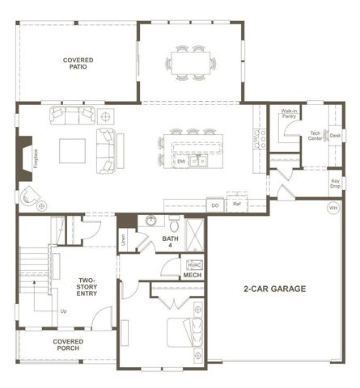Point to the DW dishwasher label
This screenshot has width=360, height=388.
[x=182, y=162]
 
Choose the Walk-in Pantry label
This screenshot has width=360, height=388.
[x=289, y=114]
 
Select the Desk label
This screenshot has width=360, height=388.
[x=335, y=135]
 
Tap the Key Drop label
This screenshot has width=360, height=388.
[x=335, y=183]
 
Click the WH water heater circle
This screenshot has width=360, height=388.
[x=332, y=208]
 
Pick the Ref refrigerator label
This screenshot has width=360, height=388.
[x=237, y=205]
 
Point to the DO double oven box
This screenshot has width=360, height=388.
[x=215, y=205]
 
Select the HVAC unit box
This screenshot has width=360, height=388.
[x=194, y=264]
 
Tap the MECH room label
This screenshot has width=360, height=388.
[x=192, y=276]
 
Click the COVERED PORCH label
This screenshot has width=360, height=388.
[x=69, y=345]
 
